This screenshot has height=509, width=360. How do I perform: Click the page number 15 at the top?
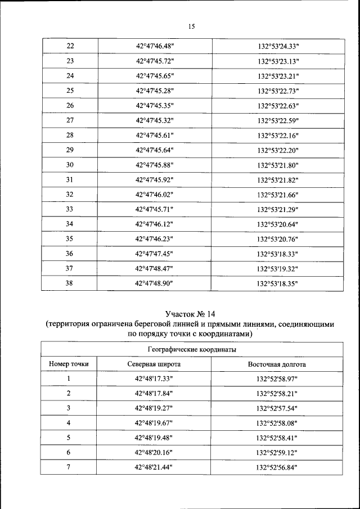(x=191, y=26)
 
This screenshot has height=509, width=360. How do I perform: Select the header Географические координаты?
(x=191, y=349)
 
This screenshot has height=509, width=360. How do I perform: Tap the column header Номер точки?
(x=69, y=364)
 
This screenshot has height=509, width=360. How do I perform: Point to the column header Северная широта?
(x=154, y=364)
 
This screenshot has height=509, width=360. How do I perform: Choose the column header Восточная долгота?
(x=277, y=364)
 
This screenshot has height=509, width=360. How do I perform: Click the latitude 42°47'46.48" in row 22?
(x=155, y=46)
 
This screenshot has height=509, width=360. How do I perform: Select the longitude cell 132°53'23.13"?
(x=278, y=61)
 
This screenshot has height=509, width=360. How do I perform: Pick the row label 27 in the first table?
(x=70, y=120)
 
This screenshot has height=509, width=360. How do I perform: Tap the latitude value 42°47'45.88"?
(x=155, y=165)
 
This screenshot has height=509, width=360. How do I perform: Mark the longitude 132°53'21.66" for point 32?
(x=278, y=195)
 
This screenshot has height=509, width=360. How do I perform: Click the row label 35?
(x=70, y=238)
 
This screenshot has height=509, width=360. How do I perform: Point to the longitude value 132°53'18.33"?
(x=278, y=254)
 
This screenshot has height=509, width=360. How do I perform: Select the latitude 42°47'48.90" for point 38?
(x=155, y=283)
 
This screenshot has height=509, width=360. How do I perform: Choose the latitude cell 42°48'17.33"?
(x=155, y=379)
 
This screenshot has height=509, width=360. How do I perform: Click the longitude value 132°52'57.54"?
(x=277, y=408)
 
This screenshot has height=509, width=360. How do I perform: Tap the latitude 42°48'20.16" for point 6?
(x=155, y=452)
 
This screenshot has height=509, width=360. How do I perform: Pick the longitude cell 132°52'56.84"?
(x=277, y=467)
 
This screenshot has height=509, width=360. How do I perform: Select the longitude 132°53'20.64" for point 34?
(x=278, y=224)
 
